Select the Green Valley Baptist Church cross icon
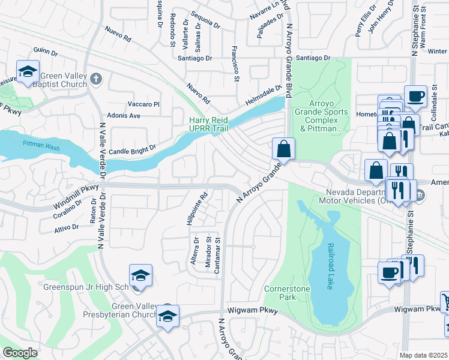point(97,79)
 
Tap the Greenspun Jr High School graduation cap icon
point(140,275)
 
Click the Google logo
point(20,353)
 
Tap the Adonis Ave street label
point(123,115)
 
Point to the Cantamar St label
point(218,257)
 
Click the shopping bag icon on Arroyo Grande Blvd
point(283,148)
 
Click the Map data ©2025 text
point(424,355)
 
